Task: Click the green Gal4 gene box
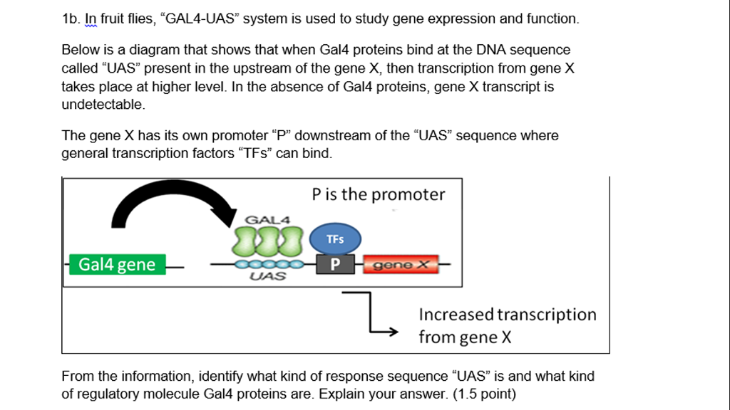click(117, 265)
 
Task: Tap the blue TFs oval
click(335, 240)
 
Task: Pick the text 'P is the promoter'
click(378, 194)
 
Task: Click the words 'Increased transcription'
click(507, 315)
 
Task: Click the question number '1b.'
click(72, 19)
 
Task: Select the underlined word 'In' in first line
click(91, 19)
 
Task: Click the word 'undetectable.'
click(103, 105)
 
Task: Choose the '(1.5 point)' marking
click(484, 394)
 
